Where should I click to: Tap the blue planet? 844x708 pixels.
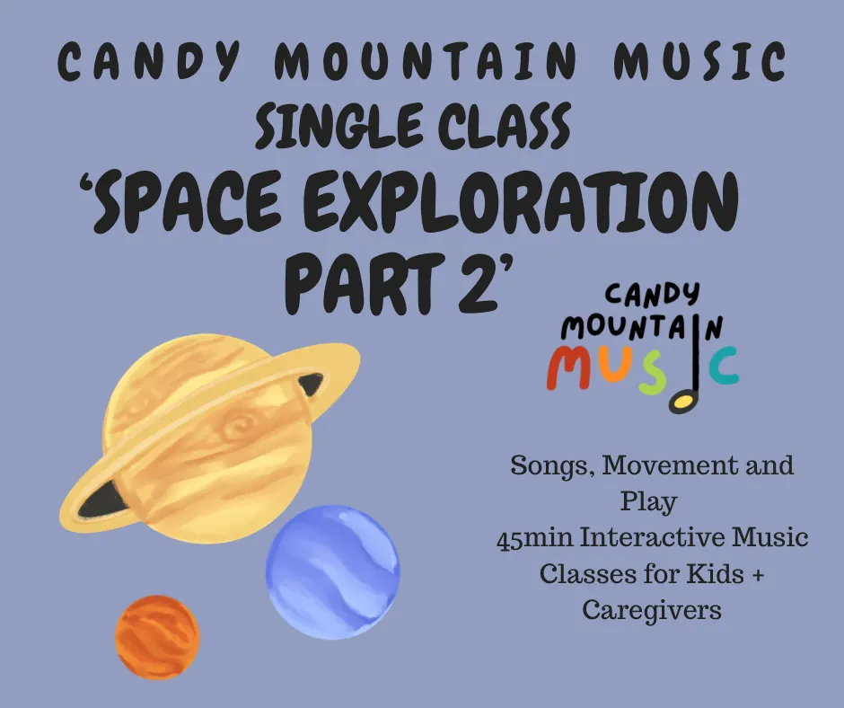pos(332,571)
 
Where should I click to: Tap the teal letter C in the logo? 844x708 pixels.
pos(721,367)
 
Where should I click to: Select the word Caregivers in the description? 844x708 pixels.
pos(651,610)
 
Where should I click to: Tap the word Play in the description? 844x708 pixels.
pos(651,501)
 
